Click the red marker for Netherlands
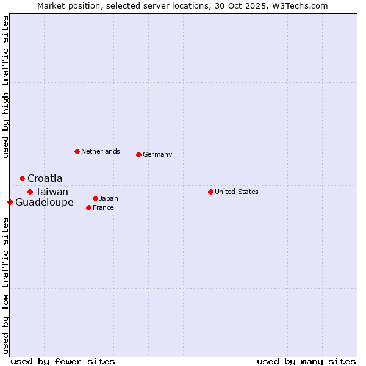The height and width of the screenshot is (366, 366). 77,151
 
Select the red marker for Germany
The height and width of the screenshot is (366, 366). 138,154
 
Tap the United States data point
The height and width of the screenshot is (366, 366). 210,192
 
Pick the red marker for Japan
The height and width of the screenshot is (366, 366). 95,198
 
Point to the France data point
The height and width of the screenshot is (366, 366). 88,207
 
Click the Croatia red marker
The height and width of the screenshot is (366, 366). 22,178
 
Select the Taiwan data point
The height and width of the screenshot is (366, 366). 30,192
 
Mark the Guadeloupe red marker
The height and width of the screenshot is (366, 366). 10,202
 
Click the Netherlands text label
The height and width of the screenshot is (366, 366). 101,151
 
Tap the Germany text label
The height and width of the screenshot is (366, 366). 157,154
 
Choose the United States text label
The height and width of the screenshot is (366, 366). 237,192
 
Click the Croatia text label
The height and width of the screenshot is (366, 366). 45,178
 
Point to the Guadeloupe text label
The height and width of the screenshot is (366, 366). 45,202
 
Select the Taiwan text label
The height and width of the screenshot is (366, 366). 52,192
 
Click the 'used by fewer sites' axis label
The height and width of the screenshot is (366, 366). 63,361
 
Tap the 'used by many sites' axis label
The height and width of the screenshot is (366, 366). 306,361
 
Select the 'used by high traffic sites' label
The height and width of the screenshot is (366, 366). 5,87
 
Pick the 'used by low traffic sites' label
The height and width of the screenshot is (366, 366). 5,285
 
